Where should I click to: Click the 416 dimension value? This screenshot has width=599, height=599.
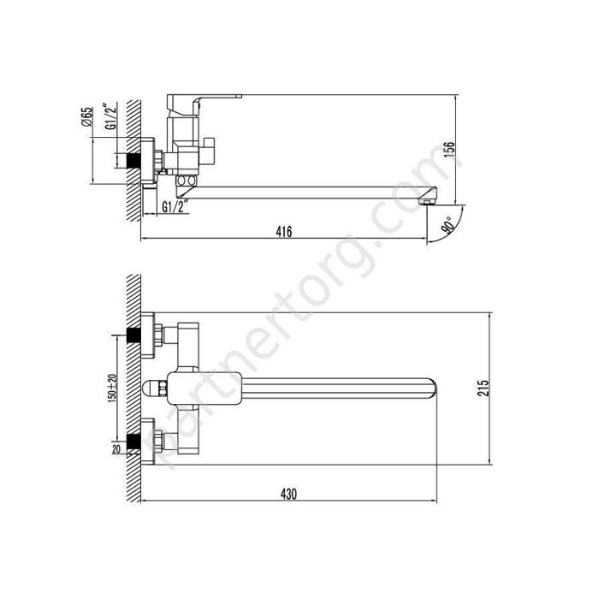[284, 232]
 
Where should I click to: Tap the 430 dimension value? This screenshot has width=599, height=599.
[288, 494]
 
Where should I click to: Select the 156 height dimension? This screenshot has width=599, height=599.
[450, 150]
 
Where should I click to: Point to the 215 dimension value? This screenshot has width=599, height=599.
[483, 388]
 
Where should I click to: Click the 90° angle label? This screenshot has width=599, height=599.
[448, 224]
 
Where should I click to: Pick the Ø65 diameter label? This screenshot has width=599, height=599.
[87, 117]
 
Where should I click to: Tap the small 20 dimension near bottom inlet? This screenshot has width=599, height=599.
[116, 449]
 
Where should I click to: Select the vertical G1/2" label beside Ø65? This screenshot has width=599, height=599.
[110, 116]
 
